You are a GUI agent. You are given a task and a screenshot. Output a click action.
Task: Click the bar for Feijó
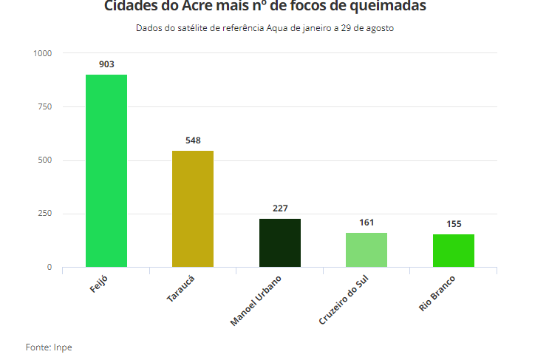point(106,171)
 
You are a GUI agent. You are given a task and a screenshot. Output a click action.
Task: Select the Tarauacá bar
point(193,208)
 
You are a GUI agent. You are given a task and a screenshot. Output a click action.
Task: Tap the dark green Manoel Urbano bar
point(280,242)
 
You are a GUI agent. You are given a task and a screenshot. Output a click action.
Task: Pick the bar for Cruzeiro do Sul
point(366,250)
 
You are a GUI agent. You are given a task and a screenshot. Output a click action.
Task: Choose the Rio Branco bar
point(454,251)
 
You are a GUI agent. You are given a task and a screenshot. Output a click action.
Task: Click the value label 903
point(106,64)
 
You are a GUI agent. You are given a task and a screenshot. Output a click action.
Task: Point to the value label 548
point(193,140)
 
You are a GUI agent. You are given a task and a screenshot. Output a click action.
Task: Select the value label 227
point(280,208)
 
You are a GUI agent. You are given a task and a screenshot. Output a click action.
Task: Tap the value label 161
point(366,223)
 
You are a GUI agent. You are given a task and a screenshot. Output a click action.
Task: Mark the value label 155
point(454,224)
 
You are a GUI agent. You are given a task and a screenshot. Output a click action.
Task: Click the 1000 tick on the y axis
point(43,54)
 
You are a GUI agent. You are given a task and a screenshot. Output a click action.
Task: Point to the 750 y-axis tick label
point(45,107)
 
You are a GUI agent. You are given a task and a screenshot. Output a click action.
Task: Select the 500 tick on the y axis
point(45,160)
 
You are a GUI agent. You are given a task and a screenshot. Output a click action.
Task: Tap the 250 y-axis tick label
point(45,214)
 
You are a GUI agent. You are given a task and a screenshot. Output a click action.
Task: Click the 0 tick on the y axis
point(50,267)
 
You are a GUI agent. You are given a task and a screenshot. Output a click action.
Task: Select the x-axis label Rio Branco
point(437,293)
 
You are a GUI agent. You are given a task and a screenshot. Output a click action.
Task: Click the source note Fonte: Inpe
point(49,347)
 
